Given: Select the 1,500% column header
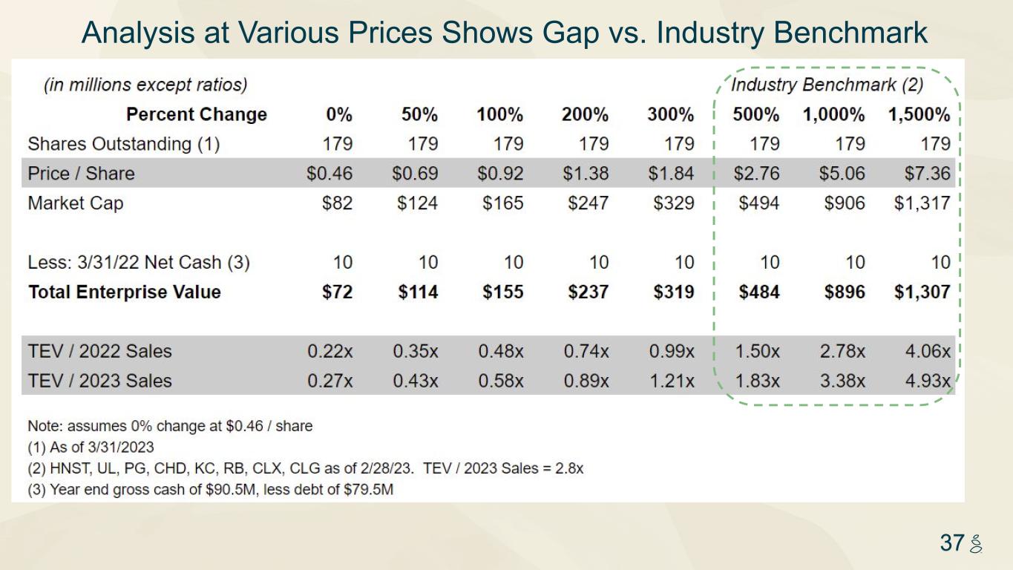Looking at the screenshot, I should pyautogui.click(x=919, y=114).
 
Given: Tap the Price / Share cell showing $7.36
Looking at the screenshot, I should pyautogui.click(x=927, y=174).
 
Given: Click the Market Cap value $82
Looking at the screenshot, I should pyautogui.click(x=337, y=203).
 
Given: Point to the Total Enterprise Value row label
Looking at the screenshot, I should pyautogui.click(x=124, y=292).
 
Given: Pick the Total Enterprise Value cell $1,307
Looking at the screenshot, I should pyautogui.click(x=922, y=292).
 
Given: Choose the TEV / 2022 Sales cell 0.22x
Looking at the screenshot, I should pyautogui.click(x=330, y=352).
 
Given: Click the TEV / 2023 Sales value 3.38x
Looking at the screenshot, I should pyautogui.click(x=842, y=381).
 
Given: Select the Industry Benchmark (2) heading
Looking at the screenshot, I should pyautogui.click(x=827, y=85).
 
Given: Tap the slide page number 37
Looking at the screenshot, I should pyautogui.click(x=951, y=543).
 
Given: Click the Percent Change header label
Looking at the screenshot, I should pyautogui.click(x=196, y=114).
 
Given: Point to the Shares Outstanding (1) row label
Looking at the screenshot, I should pyautogui.click(x=123, y=144).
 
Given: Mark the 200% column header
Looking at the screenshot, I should pyautogui.click(x=585, y=114).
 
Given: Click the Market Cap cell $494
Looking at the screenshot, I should pyautogui.click(x=758, y=203).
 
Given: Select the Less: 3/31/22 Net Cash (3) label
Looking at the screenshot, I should pyautogui.click(x=139, y=263).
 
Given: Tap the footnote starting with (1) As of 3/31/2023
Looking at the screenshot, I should pyautogui.click(x=91, y=448).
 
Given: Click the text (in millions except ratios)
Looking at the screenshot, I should pyautogui.click(x=145, y=85).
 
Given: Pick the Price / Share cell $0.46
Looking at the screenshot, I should pyautogui.click(x=330, y=174).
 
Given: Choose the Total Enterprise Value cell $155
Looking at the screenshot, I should pyautogui.click(x=502, y=292).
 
